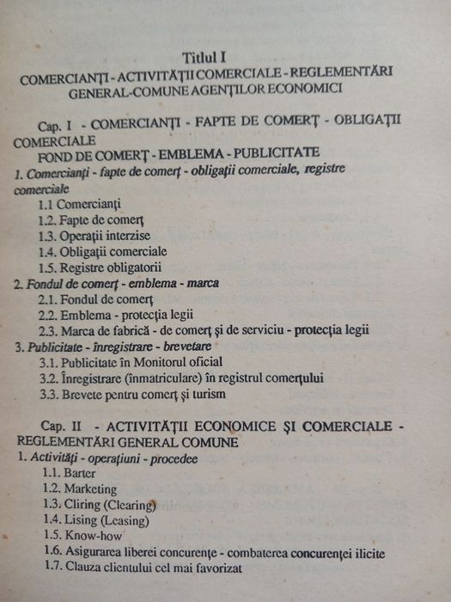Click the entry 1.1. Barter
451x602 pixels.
[70, 473]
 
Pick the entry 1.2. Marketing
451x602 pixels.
[81, 488]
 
